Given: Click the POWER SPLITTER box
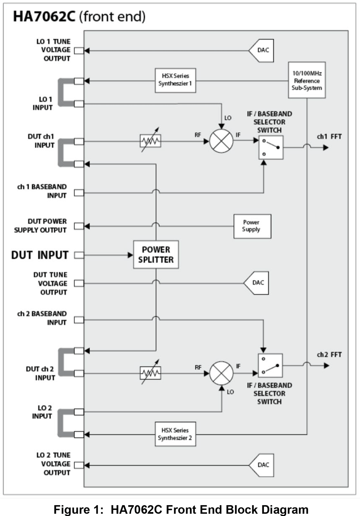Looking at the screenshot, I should (x=156, y=255).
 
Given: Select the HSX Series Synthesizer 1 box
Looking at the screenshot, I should (x=175, y=80).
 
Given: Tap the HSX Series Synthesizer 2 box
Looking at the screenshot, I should (x=175, y=434).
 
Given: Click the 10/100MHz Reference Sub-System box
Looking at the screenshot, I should (x=307, y=80).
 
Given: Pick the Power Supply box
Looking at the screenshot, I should (x=252, y=226).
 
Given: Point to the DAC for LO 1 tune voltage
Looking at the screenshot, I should (x=262, y=50).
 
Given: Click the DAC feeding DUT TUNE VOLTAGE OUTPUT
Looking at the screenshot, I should (x=257, y=283).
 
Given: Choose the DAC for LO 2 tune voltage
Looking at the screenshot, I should (x=262, y=465).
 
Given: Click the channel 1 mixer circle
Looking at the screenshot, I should (x=221, y=141).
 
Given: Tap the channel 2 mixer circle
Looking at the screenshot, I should (x=221, y=373).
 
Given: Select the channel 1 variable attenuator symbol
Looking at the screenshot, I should (x=150, y=141).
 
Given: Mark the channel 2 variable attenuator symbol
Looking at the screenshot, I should (x=150, y=373).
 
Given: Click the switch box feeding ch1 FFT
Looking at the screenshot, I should (x=271, y=147).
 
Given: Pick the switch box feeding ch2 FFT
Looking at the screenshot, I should (x=270, y=365).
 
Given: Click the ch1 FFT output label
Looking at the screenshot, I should (x=329, y=136).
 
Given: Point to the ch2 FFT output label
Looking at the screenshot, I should (x=329, y=355).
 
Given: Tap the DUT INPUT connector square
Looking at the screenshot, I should (x=79, y=255).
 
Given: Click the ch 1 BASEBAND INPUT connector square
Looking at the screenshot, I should (x=79, y=193).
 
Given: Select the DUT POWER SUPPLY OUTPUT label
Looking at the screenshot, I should (x=40, y=226).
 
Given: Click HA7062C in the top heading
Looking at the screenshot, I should (x=44, y=17).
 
